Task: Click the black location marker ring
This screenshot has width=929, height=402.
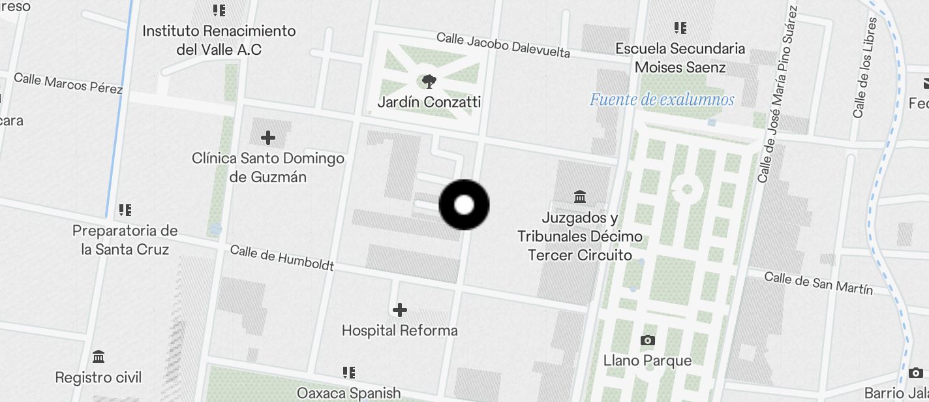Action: pyautogui.click(x=464, y=205)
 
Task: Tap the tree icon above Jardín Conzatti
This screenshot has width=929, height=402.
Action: pyautogui.click(x=429, y=82)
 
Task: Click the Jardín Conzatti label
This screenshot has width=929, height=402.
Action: pyautogui.click(x=429, y=102)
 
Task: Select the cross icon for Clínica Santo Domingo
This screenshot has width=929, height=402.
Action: pyautogui.click(x=267, y=138)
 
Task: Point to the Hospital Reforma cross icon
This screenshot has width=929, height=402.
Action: pyautogui.click(x=400, y=310)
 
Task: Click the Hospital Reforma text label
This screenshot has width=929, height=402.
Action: pyautogui.click(x=400, y=331)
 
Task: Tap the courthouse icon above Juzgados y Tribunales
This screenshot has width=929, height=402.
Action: pyautogui.click(x=579, y=196)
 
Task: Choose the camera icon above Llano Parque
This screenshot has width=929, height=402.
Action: pyautogui.click(x=647, y=340)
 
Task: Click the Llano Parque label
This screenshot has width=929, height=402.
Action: pyautogui.click(x=647, y=360)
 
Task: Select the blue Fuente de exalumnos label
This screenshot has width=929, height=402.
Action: pyautogui.click(x=662, y=100)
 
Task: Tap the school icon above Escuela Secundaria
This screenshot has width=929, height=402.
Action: pyautogui.click(x=680, y=28)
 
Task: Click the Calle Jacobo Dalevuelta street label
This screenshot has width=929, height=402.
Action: pyautogui.click(x=503, y=45)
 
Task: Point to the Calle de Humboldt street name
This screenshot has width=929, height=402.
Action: pyautogui.click(x=282, y=258)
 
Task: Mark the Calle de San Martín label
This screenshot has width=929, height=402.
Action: pyautogui.click(x=818, y=283)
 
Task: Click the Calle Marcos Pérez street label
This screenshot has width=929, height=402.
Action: pyautogui.click(x=68, y=83)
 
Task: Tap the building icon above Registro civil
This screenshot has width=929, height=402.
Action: pyautogui.click(x=99, y=357)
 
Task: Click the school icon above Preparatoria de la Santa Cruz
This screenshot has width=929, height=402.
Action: pyautogui.click(x=125, y=210)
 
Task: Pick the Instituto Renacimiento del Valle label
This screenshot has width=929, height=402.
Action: pyautogui.click(x=219, y=40)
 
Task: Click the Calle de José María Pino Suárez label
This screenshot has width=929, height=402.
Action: pyautogui.click(x=778, y=95)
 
